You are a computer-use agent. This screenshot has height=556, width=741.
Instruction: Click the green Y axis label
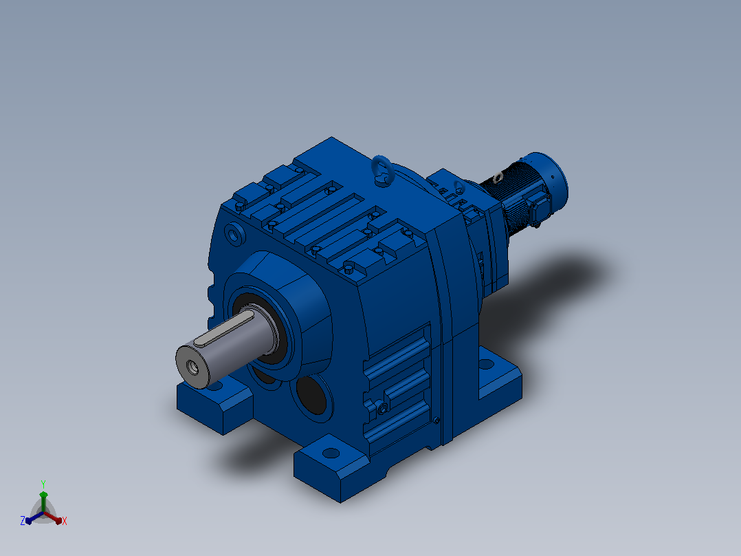click(x=43, y=484)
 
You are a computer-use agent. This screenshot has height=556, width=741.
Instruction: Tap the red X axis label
click(x=65, y=521)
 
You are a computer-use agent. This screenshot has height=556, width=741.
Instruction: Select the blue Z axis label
click(x=22, y=521)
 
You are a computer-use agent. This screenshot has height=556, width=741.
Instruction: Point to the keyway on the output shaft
click(x=224, y=329)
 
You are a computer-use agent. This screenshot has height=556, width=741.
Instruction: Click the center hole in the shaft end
click(x=192, y=367)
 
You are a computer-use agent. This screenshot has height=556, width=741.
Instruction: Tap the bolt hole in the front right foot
click(x=331, y=453)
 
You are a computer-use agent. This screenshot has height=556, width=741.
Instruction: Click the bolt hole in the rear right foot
click(x=486, y=364)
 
